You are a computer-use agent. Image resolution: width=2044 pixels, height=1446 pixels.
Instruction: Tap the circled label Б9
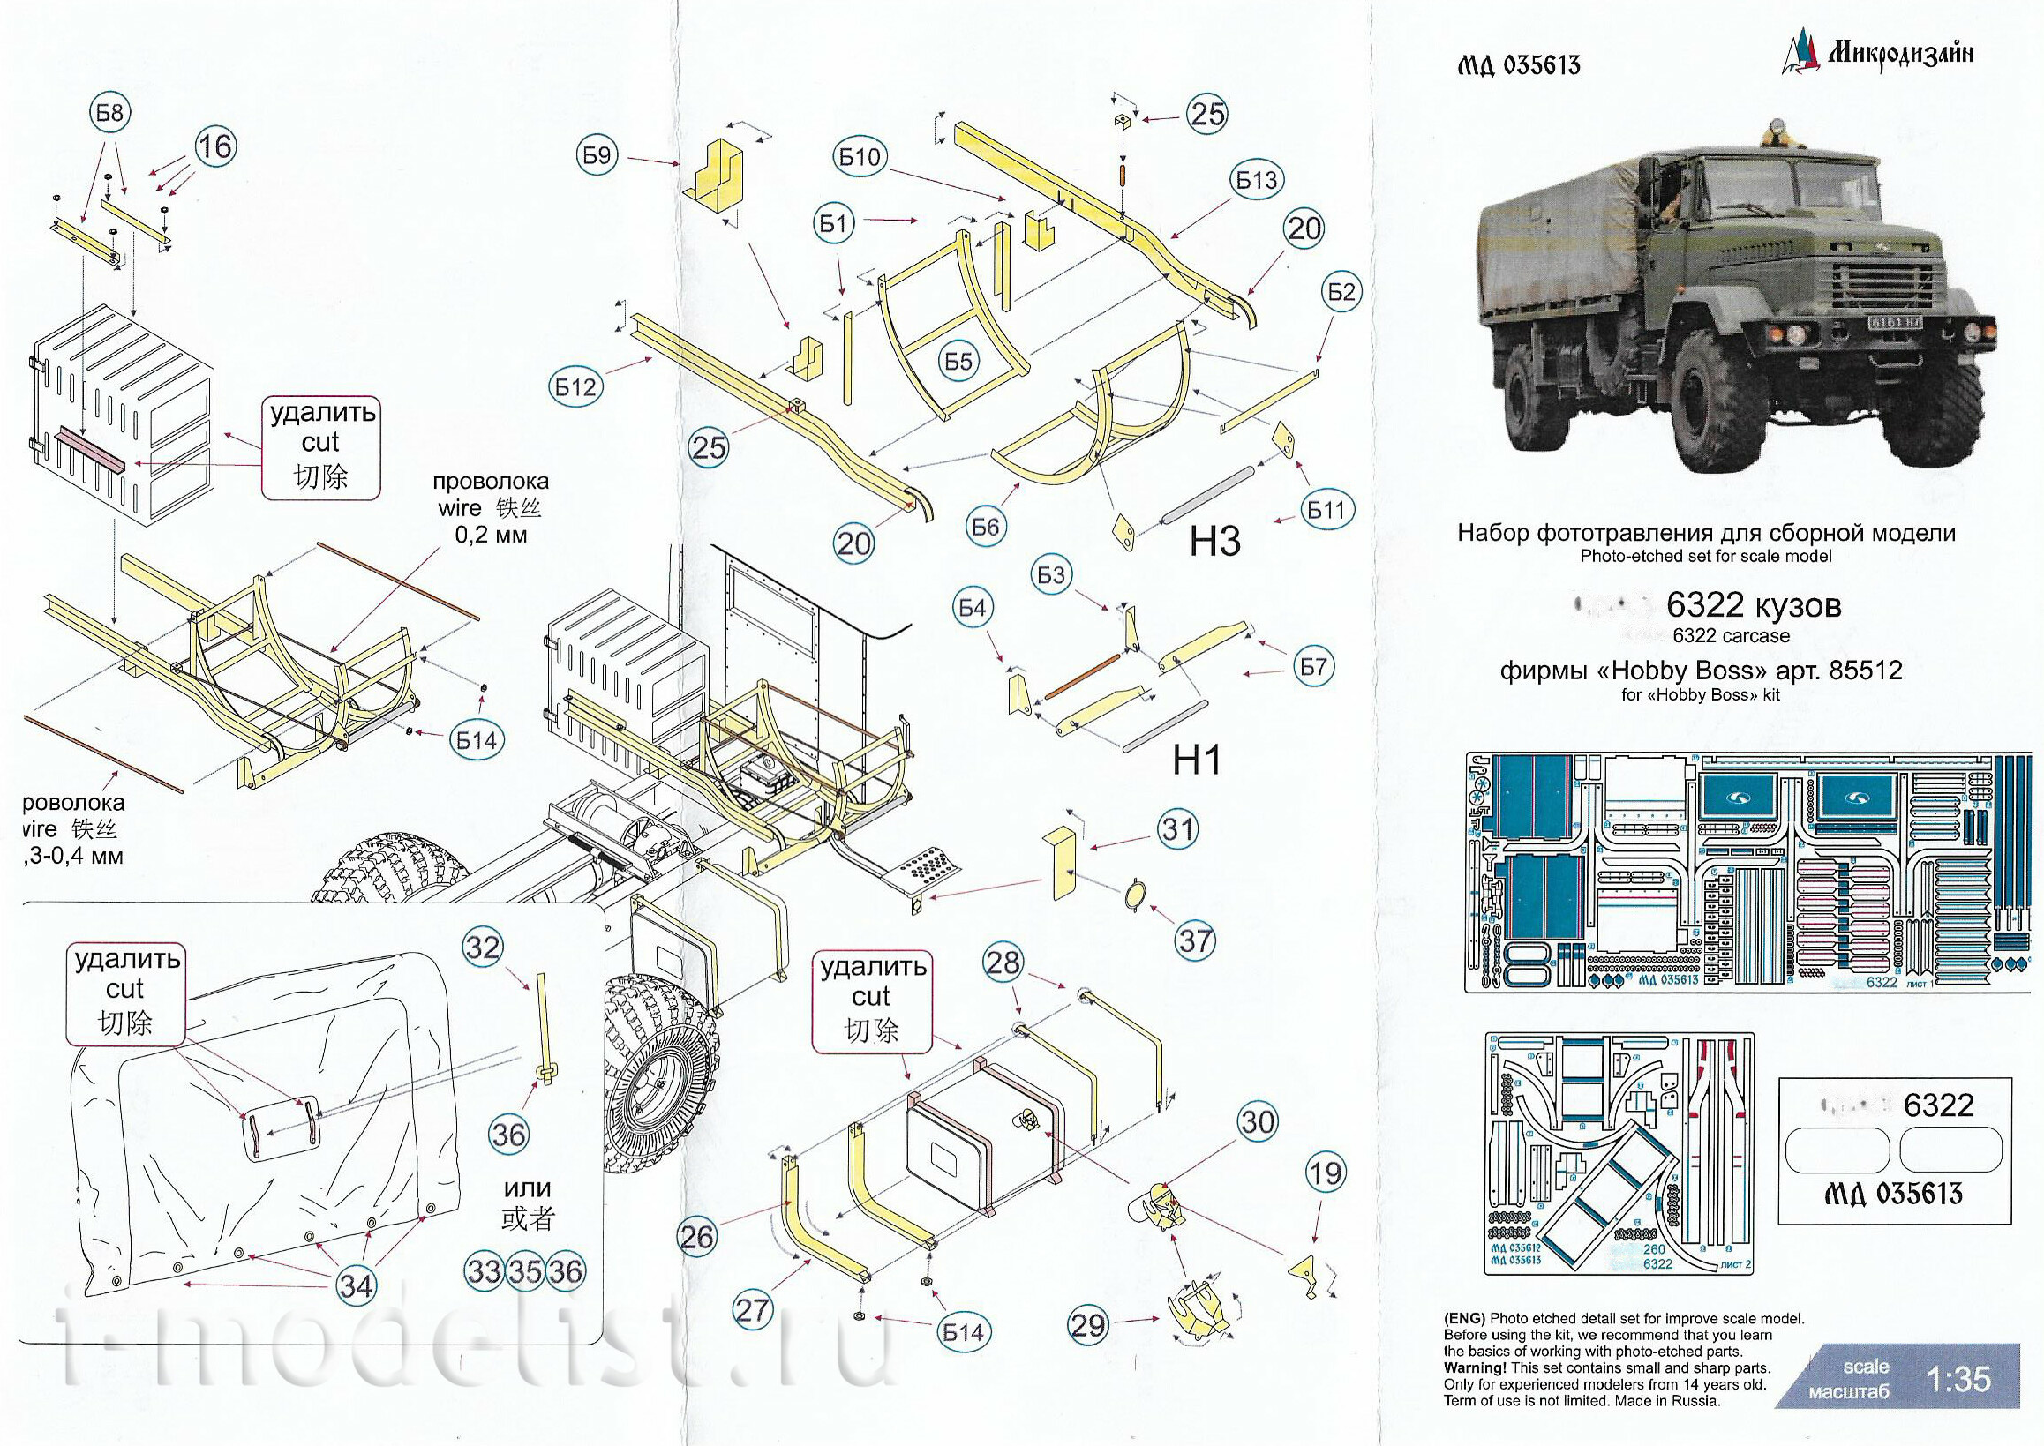point(597,156)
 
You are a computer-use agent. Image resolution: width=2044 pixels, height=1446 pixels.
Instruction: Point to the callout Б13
point(1256,180)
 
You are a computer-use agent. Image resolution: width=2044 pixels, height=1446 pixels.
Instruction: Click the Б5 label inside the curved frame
point(958,361)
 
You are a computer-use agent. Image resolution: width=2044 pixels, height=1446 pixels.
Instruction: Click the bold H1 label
point(1197,760)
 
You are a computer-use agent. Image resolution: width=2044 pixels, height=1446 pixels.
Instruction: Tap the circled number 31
point(1178,830)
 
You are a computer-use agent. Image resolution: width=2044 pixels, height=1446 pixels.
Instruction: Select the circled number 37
point(1194,940)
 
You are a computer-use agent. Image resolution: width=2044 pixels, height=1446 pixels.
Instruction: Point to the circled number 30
point(1258,1121)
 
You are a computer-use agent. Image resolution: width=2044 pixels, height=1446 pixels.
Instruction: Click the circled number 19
point(1326,1173)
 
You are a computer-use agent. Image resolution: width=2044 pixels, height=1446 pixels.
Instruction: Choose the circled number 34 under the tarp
point(356,1285)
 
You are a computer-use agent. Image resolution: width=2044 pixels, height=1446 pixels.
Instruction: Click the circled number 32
point(484,947)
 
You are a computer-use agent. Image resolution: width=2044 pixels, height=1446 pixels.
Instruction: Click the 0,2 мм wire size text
point(491,536)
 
